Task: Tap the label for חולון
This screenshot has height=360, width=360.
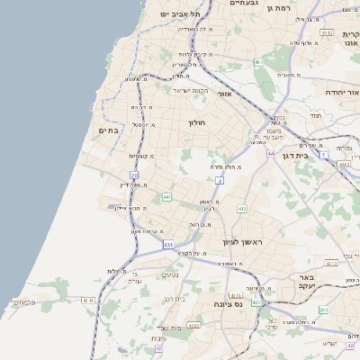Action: click(x=197, y=122)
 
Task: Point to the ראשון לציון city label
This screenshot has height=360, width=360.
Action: click(x=240, y=243)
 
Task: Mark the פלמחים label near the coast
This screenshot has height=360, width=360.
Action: click(x=24, y=301)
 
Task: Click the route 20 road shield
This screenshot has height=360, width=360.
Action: click(x=134, y=175)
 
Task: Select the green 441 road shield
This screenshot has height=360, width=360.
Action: click(x=166, y=196)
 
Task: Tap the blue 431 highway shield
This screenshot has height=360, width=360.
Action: click(x=168, y=244)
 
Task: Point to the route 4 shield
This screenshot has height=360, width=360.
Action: click(x=220, y=181)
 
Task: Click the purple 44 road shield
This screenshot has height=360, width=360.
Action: click(x=270, y=154)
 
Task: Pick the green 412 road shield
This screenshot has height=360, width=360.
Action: click(x=241, y=209)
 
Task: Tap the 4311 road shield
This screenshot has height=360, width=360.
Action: click(x=86, y=300)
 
